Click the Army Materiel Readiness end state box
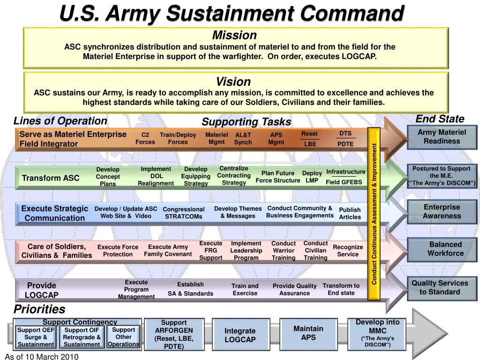pyautogui.click(x=442, y=137)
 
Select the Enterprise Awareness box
pyautogui.click(x=442, y=211)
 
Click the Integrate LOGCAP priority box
pyautogui.click(x=240, y=335)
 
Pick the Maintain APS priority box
pyautogui.click(x=308, y=333)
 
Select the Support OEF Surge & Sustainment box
pyautogui.click(x=36, y=337)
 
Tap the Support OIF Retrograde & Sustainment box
pyautogui.click(x=82, y=337)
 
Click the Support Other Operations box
pyautogui.click(x=123, y=337)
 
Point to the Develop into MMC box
pyautogui.click(x=377, y=334)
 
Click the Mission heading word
pyautogui.click(x=234, y=35)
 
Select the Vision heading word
pyautogui.click(x=233, y=82)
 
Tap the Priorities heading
pyautogui.click(x=39, y=309)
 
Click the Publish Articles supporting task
pyautogui.click(x=350, y=213)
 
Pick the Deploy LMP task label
pyautogui.click(x=312, y=177)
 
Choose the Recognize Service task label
pyautogui.click(x=347, y=251)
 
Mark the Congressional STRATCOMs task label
pyautogui.click(x=183, y=213)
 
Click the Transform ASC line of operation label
pyautogui.click(x=51, y=178)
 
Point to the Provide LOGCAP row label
pyautogui.click(x=42, y=290)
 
